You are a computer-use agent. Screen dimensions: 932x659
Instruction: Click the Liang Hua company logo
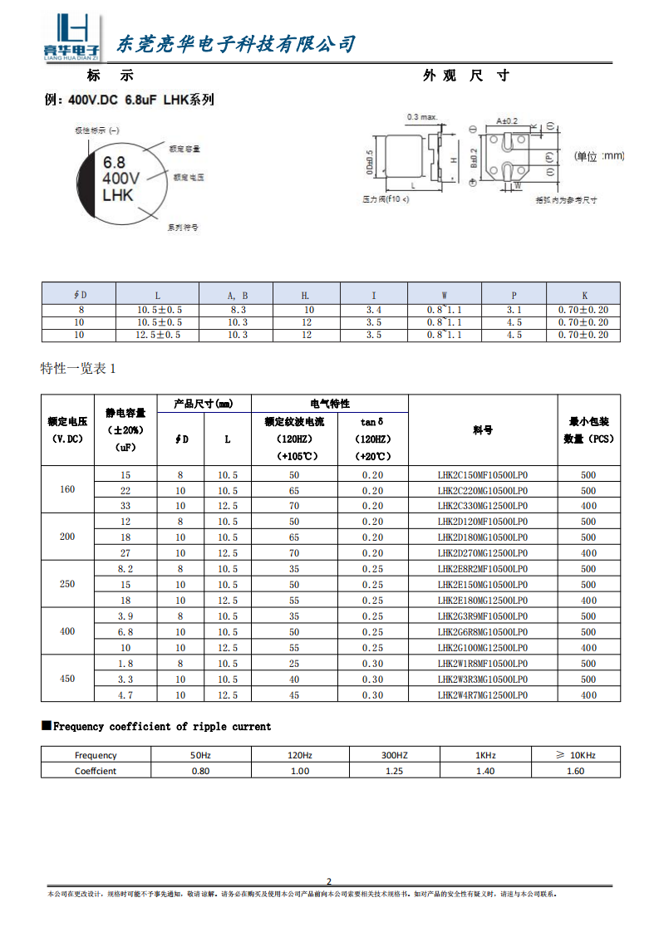click(x=71, y=38)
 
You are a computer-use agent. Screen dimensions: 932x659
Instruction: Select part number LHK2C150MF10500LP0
click(x=483, y=475)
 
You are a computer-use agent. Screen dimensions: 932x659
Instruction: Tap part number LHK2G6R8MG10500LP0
click(x=483, y=632)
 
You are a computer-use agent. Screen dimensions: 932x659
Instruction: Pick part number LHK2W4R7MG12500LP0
click(x=483, y=695)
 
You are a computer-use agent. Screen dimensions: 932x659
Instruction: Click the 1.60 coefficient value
click(x=574, y=771)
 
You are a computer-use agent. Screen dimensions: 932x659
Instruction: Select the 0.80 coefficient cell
click(x=200, y=771)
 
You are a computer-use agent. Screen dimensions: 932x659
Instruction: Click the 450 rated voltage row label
click(x=67, y=679)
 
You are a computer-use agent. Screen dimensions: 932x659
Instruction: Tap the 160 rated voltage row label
click(x=67, y=489)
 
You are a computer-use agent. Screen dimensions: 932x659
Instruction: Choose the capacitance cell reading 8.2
click(x=125, y=569)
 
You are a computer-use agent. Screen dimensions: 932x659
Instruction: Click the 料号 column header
click(x=483, y=430)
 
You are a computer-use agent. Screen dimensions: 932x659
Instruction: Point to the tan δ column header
click(x=372, y=422)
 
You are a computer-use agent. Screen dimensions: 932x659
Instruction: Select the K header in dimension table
click(x=584, y=295)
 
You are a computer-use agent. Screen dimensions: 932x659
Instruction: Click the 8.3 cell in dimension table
click(x=237, y=309)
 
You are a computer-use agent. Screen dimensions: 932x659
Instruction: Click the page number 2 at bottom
click(x=329, y=881)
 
